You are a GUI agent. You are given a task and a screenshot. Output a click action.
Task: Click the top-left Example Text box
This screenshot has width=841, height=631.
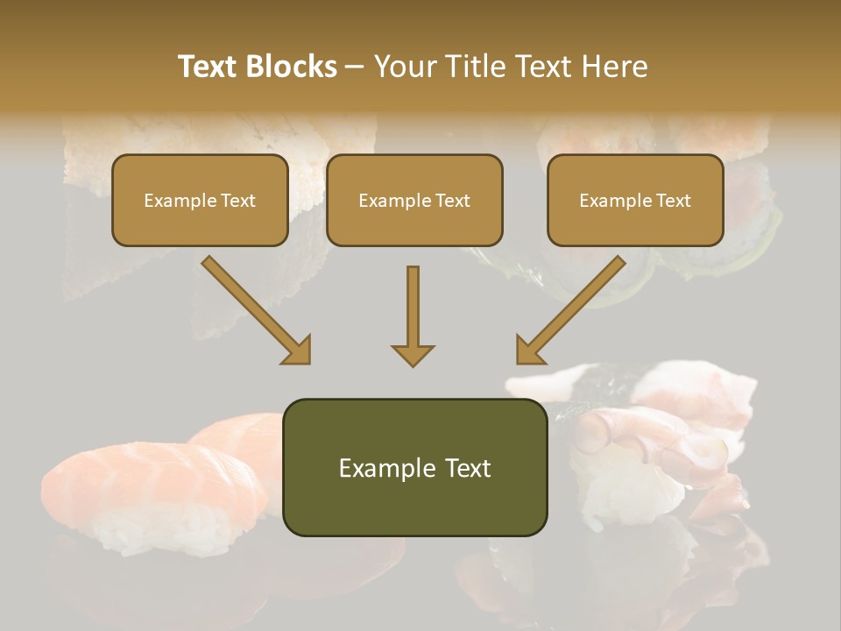coord(200,200)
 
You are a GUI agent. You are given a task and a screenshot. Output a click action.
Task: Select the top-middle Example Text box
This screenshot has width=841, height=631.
coord(414,200)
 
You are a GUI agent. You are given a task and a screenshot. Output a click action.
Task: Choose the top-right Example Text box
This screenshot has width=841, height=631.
coord(635,200)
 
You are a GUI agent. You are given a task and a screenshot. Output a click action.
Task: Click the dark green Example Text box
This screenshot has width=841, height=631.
coord(414,468)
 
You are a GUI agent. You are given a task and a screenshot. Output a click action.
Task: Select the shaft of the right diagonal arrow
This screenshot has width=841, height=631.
coord(583,298)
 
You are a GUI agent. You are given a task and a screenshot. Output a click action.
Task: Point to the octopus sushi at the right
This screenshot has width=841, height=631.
coord(666,429)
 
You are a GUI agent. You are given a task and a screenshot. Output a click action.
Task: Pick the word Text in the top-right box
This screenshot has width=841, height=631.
coord(672,200)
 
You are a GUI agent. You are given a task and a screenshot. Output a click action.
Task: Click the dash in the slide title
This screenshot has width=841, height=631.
coord(356,67)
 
